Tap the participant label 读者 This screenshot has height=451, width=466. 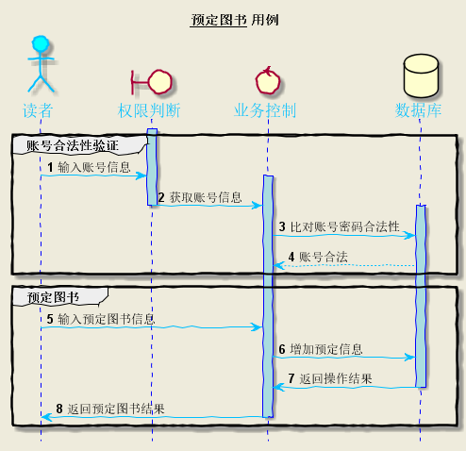pos(39,110)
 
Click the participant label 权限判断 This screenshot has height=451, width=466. pos(151,110)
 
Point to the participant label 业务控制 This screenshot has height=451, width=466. pos(267,110)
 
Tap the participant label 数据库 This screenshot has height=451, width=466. pos(420,110)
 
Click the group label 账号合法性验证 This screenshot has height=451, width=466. pos(73,146)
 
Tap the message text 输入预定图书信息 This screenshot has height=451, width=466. pos(107,319)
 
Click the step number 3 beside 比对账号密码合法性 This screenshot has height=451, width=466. pos(282,227)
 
